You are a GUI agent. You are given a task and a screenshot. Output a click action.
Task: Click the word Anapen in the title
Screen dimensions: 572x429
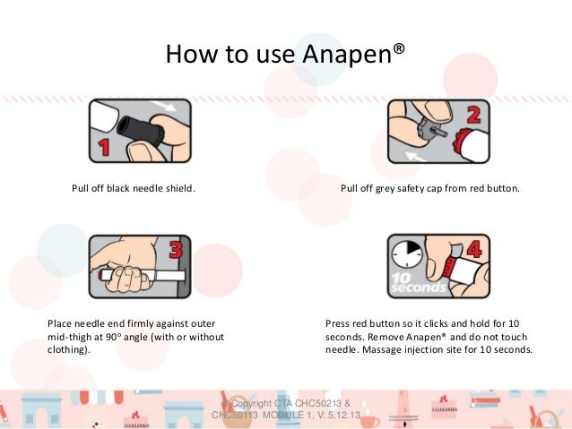pos(347,54)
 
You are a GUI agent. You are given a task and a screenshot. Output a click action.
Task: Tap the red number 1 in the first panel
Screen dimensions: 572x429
pos(104,148)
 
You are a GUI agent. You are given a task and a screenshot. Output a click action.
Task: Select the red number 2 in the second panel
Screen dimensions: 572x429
pos(473,115)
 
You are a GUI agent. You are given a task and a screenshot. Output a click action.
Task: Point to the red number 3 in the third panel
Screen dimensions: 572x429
pos(176,250)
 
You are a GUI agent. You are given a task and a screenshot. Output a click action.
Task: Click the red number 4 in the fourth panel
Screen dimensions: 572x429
pos(474,250)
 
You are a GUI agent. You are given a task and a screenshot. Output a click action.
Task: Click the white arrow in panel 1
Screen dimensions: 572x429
pos(164,106)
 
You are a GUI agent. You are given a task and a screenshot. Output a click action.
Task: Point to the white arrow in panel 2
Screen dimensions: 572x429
pos(415,157)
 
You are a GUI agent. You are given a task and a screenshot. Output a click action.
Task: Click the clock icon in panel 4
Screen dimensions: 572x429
pos(407,253)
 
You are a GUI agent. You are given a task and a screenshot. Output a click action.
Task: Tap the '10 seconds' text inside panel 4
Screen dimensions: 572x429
pos(418,283)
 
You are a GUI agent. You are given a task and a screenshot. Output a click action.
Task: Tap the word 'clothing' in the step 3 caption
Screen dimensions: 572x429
pos(67,350)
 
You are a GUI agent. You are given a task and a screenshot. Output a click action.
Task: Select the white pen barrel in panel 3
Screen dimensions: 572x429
pos(143,275)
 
